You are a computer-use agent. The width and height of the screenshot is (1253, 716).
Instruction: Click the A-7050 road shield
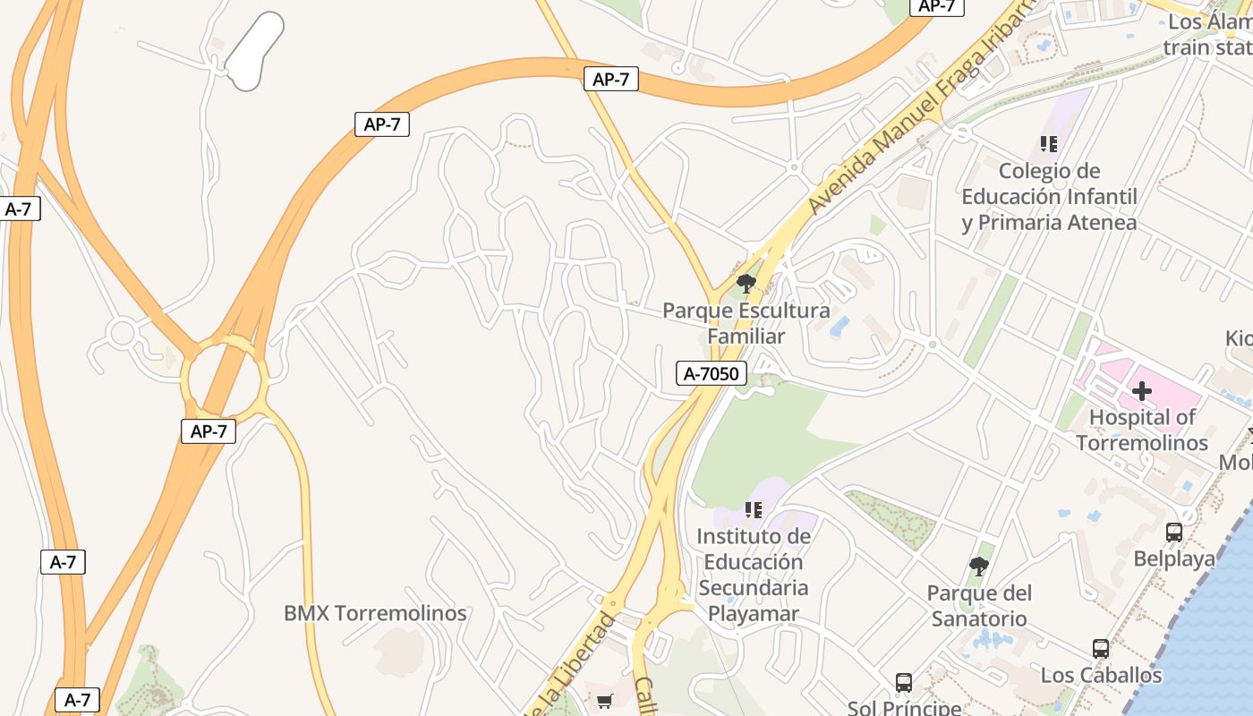[712, 373]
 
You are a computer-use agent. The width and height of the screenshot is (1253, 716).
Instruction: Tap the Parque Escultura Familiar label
[746, 323]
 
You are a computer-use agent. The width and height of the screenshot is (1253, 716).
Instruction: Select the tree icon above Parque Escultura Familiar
[746, 284]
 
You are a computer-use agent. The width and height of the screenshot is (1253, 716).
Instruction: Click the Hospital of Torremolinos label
[1141, 430]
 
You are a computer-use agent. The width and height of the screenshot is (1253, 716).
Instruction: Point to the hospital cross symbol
[1141, 391]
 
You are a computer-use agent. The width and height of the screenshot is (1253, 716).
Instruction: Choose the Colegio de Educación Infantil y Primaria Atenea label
[1049, 196]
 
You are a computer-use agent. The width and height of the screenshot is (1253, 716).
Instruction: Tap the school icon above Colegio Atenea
[1049, 143]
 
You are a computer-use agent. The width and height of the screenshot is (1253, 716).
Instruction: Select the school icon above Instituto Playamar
[754, 509]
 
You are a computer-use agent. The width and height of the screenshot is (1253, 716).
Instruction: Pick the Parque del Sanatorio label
[979, 605]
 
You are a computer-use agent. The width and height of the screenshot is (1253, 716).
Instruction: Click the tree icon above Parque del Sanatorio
[979, 566]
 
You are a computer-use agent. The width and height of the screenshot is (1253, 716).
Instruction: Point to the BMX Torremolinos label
[375, 613]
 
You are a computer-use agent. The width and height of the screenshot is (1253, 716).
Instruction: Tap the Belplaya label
[1174, 558]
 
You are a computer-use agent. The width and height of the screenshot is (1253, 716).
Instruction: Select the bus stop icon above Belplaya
[1174, 532]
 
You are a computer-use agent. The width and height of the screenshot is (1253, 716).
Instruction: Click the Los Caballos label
[1101, 675]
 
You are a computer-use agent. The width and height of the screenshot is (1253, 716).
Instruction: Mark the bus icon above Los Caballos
[1101, 649]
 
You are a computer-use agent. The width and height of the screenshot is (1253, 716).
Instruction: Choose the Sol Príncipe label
[904, 707]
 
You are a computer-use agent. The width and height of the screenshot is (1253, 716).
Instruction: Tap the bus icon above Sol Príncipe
[904, 683]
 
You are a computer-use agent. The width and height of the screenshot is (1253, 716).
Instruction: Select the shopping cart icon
[604, 701]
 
